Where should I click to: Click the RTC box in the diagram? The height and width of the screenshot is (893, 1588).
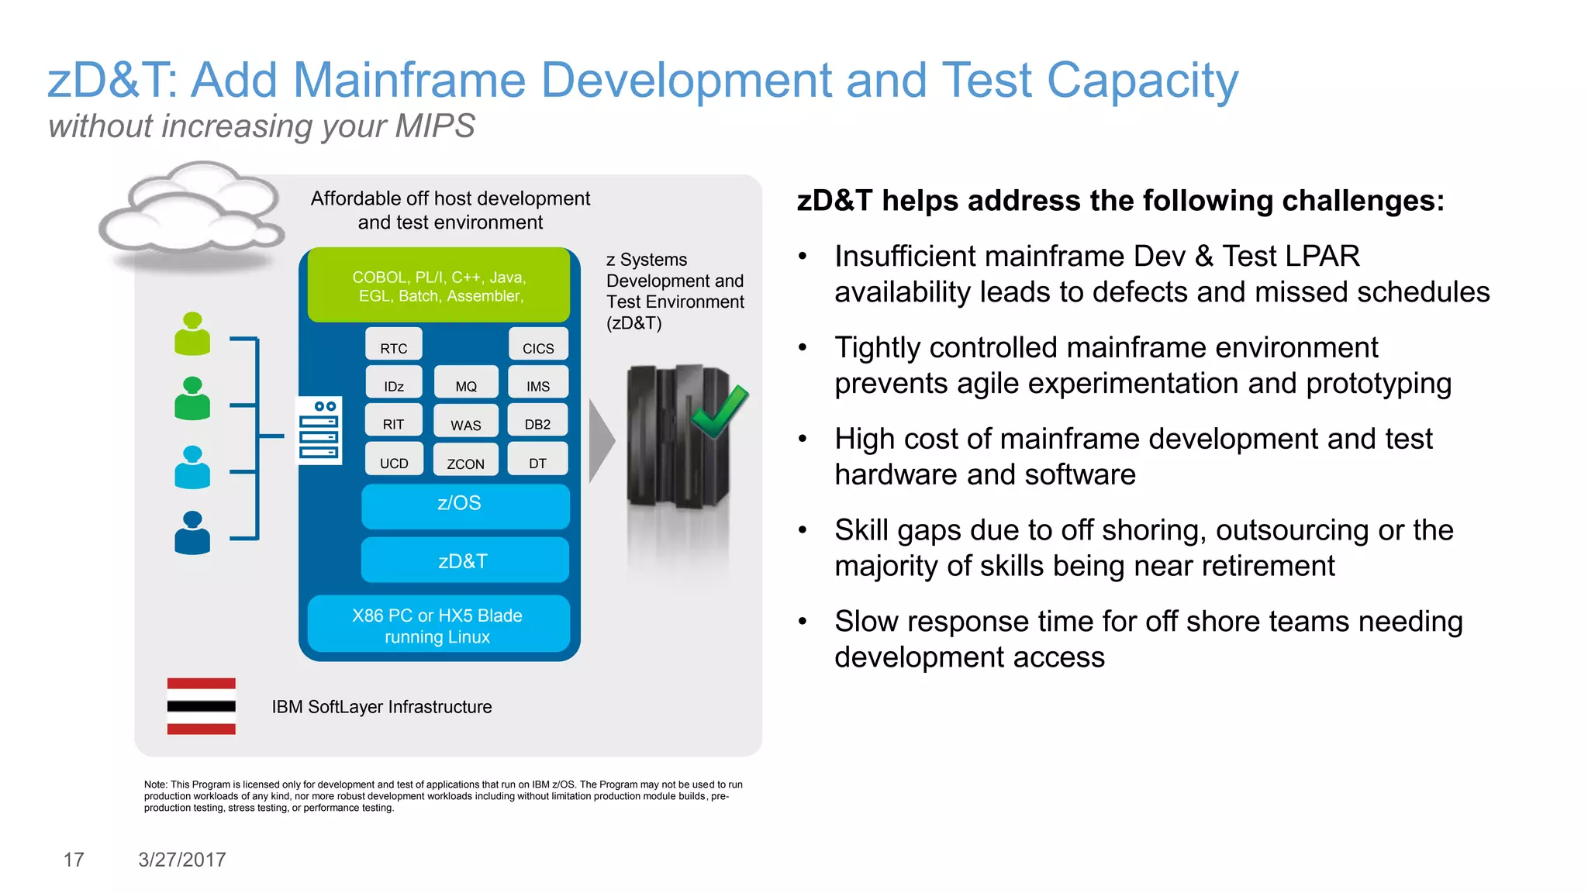point(394,344)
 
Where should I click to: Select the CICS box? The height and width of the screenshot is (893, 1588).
point(538,344)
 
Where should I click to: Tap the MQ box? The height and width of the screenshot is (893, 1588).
point(466,383)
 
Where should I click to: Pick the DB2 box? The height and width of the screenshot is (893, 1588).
point(537,421)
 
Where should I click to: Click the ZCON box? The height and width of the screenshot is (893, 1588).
point(465,460)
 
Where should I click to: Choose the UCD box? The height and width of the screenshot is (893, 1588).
point(394,459)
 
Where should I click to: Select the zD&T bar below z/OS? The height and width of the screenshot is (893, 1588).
point(464,560)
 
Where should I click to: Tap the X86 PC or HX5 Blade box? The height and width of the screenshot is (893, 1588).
point(438,626)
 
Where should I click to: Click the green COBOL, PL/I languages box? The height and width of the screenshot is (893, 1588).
point(439,286)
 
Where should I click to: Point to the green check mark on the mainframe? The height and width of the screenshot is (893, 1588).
point(720,411)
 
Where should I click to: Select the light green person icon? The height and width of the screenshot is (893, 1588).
point(192,334)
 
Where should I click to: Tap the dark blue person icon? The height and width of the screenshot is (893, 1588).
point(192,533)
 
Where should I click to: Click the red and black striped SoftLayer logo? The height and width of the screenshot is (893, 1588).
point(201,706)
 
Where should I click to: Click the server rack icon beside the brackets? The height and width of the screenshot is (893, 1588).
point(319,431)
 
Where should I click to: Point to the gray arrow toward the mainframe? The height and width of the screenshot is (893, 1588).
point(601,441)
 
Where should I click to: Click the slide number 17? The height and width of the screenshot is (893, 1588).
point(74,860)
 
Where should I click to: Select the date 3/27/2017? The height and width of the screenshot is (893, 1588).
point(182,860)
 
